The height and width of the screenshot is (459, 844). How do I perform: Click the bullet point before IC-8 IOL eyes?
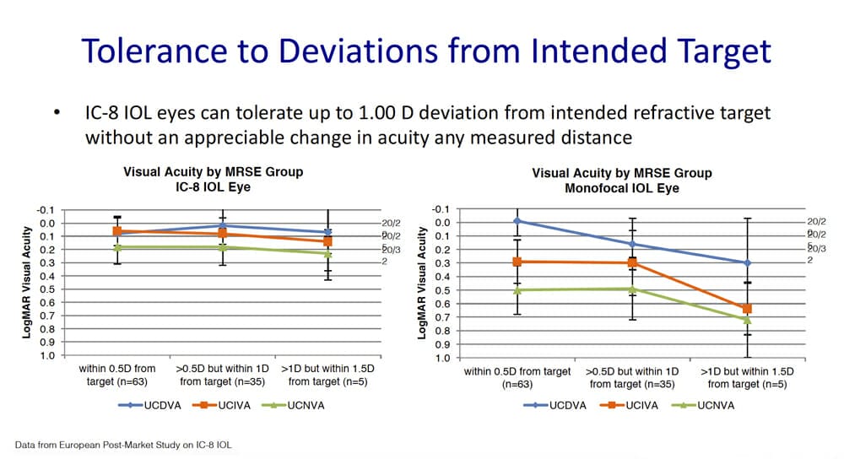click(57, 114)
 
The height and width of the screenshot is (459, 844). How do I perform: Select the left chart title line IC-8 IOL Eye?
click(213, 187)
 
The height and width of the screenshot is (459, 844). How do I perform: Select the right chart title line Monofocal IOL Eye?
click(622, 188)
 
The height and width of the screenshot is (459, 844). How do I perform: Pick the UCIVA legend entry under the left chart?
click(212, 405)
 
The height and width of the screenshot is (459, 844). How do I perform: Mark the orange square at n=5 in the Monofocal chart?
click(746, 309)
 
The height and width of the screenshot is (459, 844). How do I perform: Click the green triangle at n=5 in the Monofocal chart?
click(746, 320)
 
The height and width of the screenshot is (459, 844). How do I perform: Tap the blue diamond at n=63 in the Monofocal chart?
click(517, 221)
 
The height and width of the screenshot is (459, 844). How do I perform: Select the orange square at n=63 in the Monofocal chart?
click(517, 262)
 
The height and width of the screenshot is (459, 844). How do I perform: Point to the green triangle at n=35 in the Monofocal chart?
click(631, 289)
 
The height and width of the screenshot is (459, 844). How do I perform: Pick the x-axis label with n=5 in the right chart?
click(746, 377)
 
